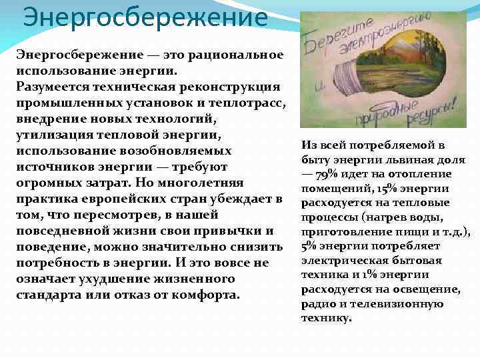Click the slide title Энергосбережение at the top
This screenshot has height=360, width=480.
pyautogui.click(x=145, y=17)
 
